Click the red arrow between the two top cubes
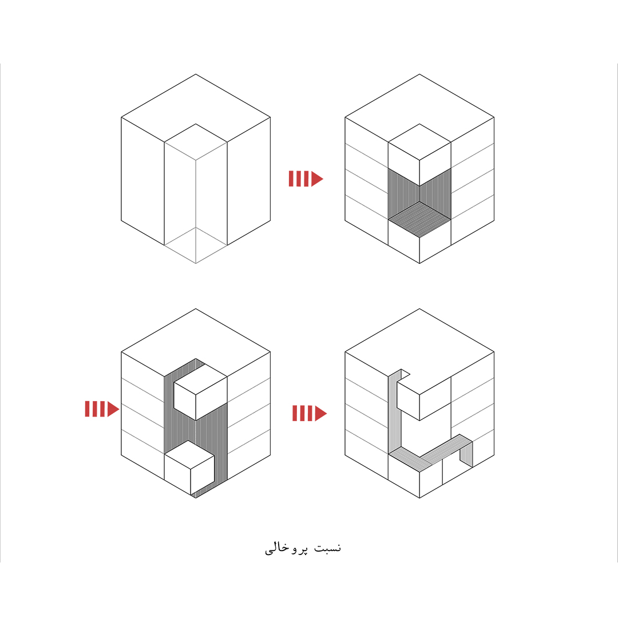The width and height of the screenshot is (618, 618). tap(306, 179)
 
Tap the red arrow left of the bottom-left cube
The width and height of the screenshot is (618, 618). tap(102, 409)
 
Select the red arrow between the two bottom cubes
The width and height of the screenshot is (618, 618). tap(310, 413)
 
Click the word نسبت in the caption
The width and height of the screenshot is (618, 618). tap(327, 548)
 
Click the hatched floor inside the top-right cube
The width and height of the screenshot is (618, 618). tap(419, 219)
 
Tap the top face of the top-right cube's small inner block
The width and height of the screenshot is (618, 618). tap(419, 142)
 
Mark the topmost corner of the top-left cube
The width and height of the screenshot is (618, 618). tap(196, 74)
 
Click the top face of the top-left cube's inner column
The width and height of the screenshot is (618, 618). tap(196, 142)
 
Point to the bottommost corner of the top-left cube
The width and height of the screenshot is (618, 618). tap(196, 263)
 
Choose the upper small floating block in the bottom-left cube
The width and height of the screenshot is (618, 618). tap(200, 392)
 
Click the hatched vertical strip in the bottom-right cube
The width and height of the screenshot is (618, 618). tap(394, 414)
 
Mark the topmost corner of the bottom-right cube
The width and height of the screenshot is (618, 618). tap(419, 308)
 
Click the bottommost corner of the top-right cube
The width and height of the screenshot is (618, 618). tap(419, 263)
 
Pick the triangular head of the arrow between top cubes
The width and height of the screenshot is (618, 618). tap(316, 179)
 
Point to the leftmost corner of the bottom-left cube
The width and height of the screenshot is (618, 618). tap(121, 351)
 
